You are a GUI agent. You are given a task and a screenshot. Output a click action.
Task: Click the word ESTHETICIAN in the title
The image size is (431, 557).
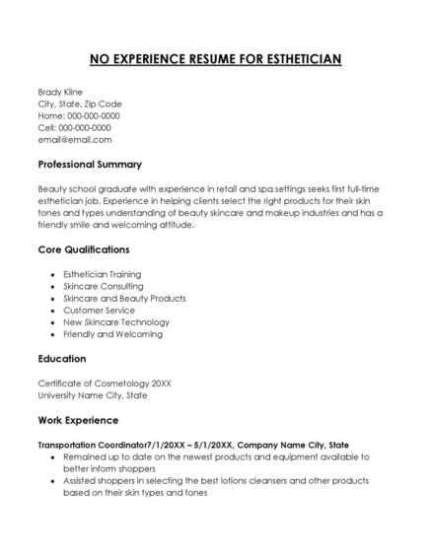point(295,59)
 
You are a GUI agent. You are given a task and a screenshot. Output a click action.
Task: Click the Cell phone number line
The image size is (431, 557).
point(74,127)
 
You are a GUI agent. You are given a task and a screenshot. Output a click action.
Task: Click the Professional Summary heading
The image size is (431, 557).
point(90,164)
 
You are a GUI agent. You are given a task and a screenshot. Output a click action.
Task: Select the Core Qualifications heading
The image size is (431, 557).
point(83,249)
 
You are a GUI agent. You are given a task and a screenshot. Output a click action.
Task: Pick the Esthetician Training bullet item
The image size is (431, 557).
point(102,274)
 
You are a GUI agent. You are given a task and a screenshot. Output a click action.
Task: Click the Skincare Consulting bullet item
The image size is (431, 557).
point(102,286)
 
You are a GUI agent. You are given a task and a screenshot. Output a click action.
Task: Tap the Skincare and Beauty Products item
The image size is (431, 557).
point(124,298)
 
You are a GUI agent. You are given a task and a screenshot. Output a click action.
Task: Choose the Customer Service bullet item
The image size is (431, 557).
point(98,310)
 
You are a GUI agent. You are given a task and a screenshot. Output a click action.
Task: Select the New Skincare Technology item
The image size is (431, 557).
point(115,321)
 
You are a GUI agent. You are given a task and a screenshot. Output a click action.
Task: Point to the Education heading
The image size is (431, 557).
point(61,358)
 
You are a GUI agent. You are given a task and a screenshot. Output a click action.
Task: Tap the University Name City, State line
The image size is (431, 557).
point(92,394)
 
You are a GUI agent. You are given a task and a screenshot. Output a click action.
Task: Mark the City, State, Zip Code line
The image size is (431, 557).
point(80,104)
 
